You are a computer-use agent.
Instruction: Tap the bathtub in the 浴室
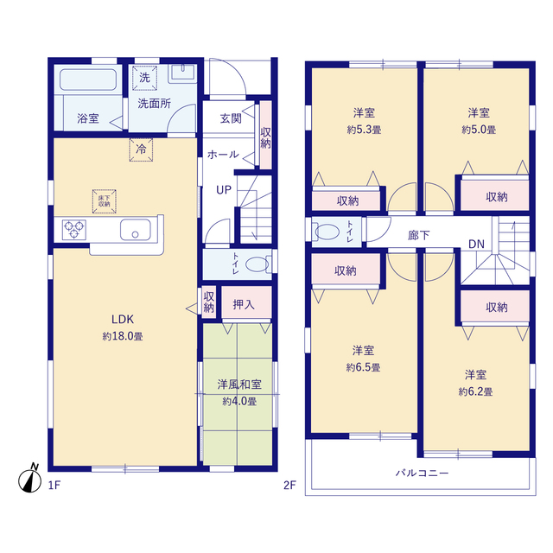88,79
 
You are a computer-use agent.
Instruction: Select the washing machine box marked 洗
144,78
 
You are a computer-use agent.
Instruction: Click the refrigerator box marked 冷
141,149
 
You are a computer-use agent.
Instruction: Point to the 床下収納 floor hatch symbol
105,201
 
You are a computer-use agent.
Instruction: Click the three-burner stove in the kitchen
74,229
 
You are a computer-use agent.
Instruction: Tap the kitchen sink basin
136,230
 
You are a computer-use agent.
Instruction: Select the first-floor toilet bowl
258,264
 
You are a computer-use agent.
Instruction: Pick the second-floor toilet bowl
327,232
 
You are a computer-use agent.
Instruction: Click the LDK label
123,319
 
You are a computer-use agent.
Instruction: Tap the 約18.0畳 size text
123,336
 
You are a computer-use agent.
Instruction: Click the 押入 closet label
244,304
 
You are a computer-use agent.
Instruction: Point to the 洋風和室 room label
239,384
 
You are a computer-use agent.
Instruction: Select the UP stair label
224,190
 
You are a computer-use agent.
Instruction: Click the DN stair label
476,244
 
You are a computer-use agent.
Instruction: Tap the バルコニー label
423,473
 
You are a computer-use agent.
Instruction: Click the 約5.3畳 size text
364,130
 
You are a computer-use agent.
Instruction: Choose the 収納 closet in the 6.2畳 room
495,307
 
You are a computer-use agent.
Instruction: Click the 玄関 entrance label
231,118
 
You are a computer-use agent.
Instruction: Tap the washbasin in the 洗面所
182,73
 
